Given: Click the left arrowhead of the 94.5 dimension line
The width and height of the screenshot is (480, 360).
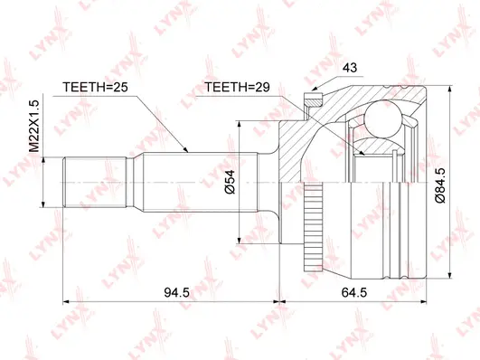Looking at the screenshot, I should pos(65,299).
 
